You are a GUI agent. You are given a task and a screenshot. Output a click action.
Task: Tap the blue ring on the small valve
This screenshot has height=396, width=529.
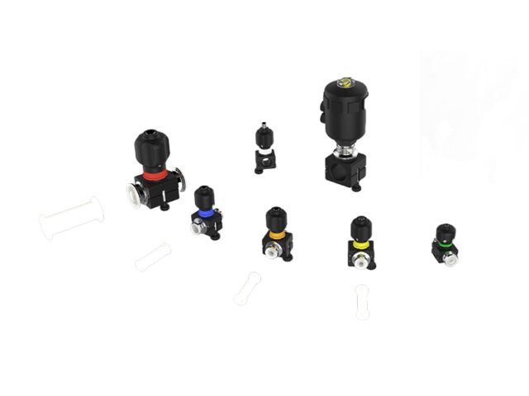204,212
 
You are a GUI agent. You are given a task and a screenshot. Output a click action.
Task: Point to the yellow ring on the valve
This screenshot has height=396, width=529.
360,245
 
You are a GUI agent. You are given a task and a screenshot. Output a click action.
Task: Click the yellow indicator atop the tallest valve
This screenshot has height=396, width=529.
346,81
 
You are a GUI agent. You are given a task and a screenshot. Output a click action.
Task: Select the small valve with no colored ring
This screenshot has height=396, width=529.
264,149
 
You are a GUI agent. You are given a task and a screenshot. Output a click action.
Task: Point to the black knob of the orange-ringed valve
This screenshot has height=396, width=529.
275,219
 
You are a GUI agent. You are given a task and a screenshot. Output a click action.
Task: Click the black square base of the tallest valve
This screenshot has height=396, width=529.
343,170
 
